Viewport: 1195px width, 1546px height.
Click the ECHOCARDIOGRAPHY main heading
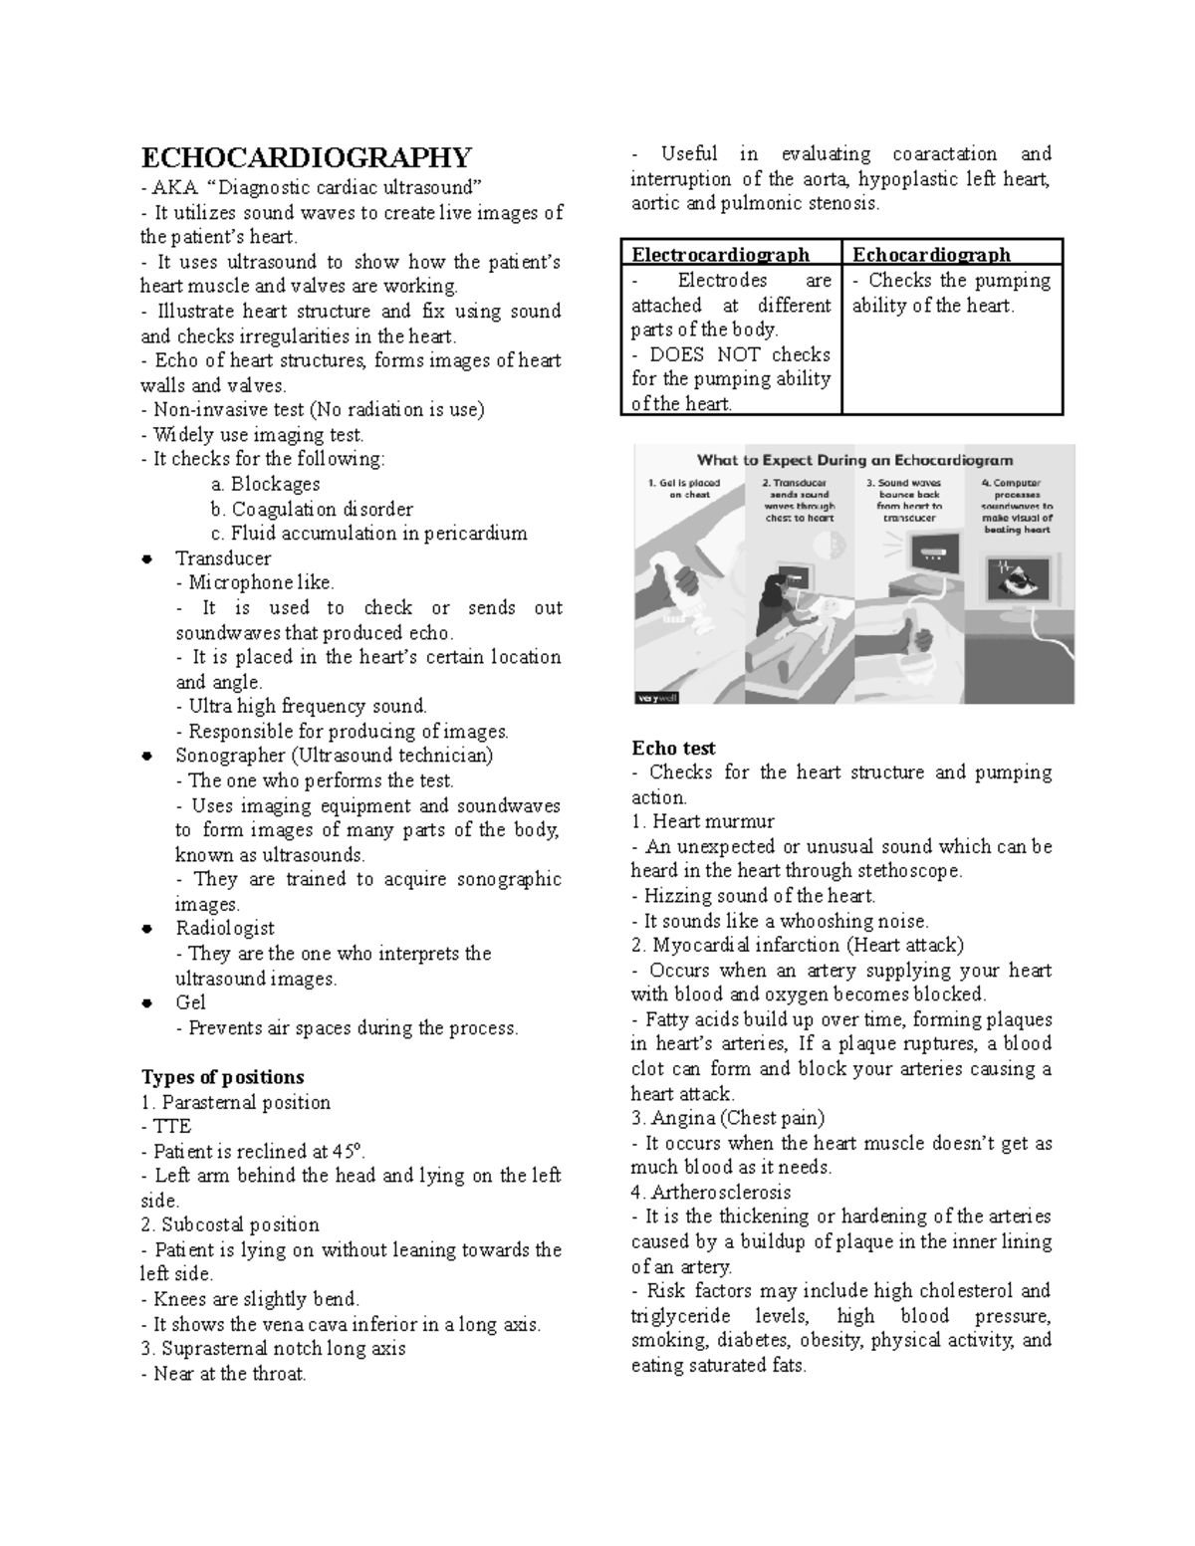pos(306,157)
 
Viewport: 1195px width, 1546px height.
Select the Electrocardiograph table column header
pos(720,254)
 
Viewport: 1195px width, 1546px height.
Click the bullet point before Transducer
pos(147,558)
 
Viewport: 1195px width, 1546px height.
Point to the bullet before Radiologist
pos(147,929)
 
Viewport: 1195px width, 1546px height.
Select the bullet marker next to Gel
pos(147,1003)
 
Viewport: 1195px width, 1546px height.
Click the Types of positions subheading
pos(222,1077)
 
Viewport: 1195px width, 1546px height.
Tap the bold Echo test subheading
pos(673,748)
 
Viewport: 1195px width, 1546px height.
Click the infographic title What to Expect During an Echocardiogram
pos(854,460)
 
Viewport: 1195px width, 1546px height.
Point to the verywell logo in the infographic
pos(656,697)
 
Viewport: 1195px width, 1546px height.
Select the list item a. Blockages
pos(265,484)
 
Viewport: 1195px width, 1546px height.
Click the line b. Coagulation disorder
pos(311,509)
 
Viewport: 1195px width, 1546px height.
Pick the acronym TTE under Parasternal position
pos(171,1126)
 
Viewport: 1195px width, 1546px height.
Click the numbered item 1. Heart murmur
pos(702,821)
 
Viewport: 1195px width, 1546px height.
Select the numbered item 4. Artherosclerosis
pos(710,1192)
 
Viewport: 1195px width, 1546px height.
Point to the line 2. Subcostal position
pos(230,1224)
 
